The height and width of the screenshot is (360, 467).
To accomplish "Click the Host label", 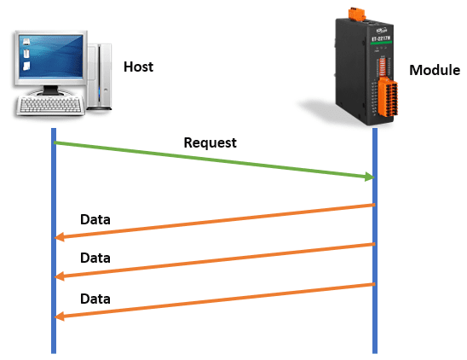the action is point(139,67).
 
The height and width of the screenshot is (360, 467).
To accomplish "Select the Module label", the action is point(435,71).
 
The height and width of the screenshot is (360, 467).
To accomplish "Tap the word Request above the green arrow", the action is point(210,142).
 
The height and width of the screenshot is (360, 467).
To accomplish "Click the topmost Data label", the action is point(95,219).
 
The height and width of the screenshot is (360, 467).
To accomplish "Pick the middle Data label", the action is point(95,258).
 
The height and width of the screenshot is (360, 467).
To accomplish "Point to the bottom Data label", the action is point(95,299).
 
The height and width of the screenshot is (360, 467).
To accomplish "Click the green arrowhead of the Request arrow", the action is point(370,177).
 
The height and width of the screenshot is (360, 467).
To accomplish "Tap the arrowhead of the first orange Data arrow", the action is point(60,237).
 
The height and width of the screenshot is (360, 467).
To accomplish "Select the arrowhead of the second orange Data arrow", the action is point(60,276).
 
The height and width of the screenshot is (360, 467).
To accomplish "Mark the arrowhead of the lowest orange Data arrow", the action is point(60,316).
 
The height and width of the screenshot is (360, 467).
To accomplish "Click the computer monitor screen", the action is point(51,56).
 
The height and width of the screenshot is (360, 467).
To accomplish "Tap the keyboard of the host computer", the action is point(49,105).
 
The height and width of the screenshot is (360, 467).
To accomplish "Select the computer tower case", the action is point(100,77).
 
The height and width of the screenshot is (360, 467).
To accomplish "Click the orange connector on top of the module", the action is point(357,15).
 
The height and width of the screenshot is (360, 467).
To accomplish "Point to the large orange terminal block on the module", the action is point(388,97).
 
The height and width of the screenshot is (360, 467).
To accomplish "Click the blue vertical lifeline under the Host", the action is point(54,241).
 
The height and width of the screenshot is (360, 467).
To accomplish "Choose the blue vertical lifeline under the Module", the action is point(375,241).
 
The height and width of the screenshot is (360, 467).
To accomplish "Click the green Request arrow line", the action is point(214,160).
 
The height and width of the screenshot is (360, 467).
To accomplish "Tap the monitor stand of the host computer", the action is point(50,90).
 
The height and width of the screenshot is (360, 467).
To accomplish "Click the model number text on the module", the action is point(381,38).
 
